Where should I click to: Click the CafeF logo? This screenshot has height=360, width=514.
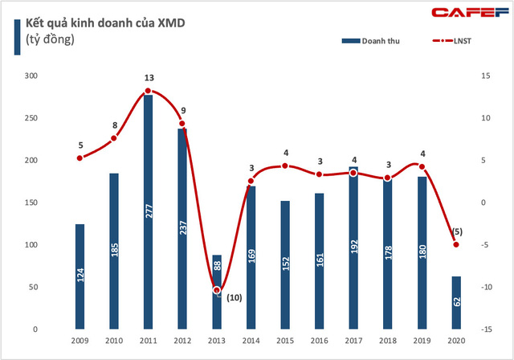point(473,12)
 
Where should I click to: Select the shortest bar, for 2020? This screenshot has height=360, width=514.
point(456,303)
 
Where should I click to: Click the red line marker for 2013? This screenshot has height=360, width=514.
point(216,290)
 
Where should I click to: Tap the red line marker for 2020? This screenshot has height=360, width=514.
point(456,244)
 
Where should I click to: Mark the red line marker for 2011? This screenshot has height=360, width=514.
point(148,91)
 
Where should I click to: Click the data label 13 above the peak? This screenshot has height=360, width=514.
point(149,77)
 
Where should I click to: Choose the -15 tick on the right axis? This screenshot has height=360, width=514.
point(487,329)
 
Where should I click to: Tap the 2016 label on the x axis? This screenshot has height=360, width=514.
point(319,341)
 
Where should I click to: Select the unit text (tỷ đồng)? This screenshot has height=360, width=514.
point(49,40)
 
